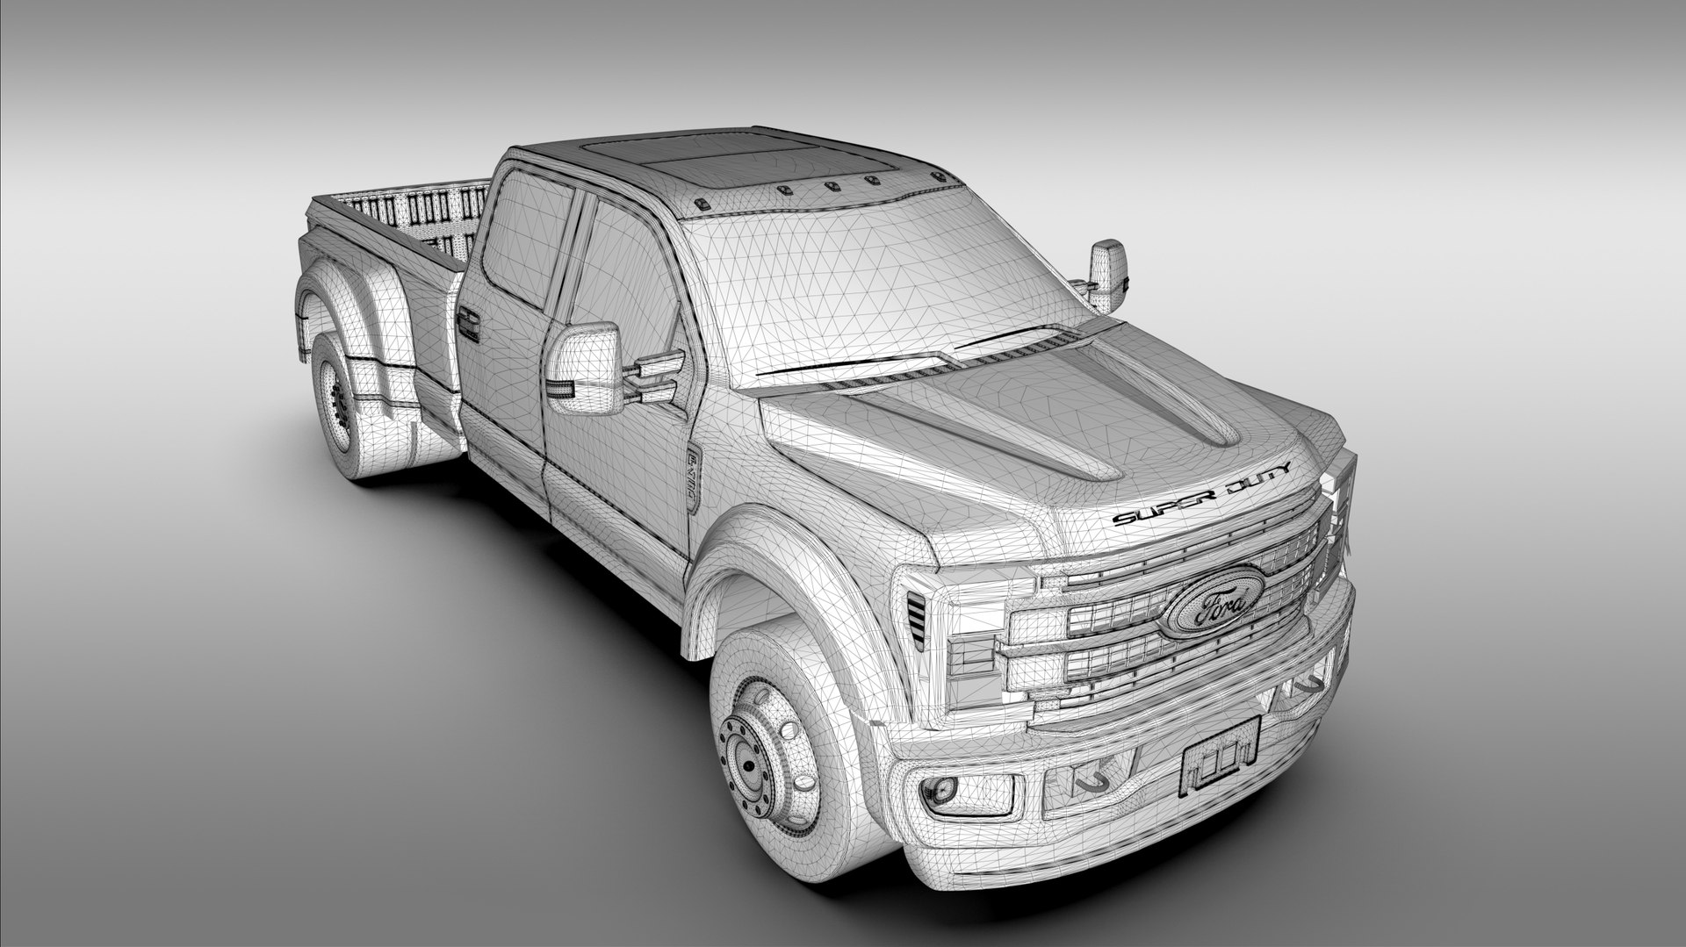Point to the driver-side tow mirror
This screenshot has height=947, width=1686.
584,369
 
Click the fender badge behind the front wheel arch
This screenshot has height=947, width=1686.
693,479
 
